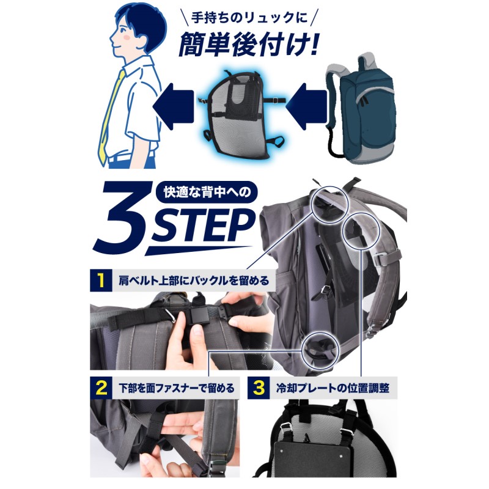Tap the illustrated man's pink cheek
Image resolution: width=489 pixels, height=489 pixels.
click(127, 38)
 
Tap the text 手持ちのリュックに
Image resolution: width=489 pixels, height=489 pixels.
click(249, 18)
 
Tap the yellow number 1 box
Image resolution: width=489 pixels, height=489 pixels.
click(101, 280)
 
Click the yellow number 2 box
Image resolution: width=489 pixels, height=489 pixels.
click(101, 388)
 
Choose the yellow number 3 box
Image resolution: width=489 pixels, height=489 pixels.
click(259, 388)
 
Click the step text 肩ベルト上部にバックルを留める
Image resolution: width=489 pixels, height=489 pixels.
click(193, 281)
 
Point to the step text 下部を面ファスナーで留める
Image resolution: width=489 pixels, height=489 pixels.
click(177, 389)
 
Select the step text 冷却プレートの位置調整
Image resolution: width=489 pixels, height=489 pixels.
click(333, 389)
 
